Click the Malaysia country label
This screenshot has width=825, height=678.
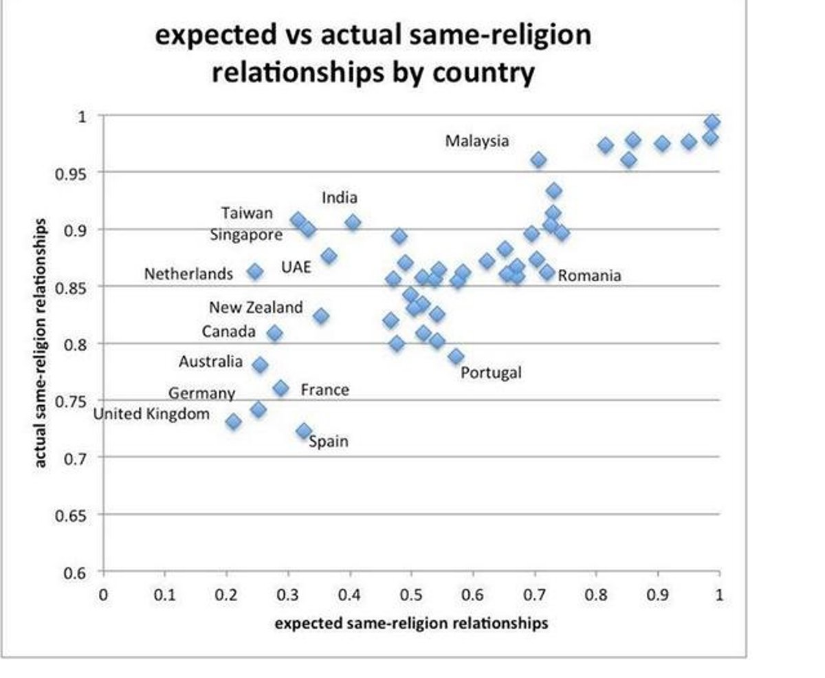(477, 141)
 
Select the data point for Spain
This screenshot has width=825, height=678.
(304, 431)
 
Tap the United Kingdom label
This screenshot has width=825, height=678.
(151, 414)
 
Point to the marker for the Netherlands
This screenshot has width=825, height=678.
(255, 272)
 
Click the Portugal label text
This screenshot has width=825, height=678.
(491, 373)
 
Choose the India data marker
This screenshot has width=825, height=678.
(353, 222)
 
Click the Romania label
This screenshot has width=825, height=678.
(589, 276)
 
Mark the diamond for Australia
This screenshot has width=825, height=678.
(260, 364)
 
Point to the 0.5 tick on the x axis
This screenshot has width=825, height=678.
(411, 595)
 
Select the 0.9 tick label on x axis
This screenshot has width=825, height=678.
(658, 595)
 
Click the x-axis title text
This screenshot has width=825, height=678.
(411, 623)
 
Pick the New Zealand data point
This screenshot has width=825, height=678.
(320, 316)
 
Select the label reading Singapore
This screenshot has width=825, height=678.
(246, 234)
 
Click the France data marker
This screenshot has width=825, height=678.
(280, 389)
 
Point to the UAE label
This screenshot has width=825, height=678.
(296, 267)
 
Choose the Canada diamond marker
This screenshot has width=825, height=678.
(274, 333)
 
